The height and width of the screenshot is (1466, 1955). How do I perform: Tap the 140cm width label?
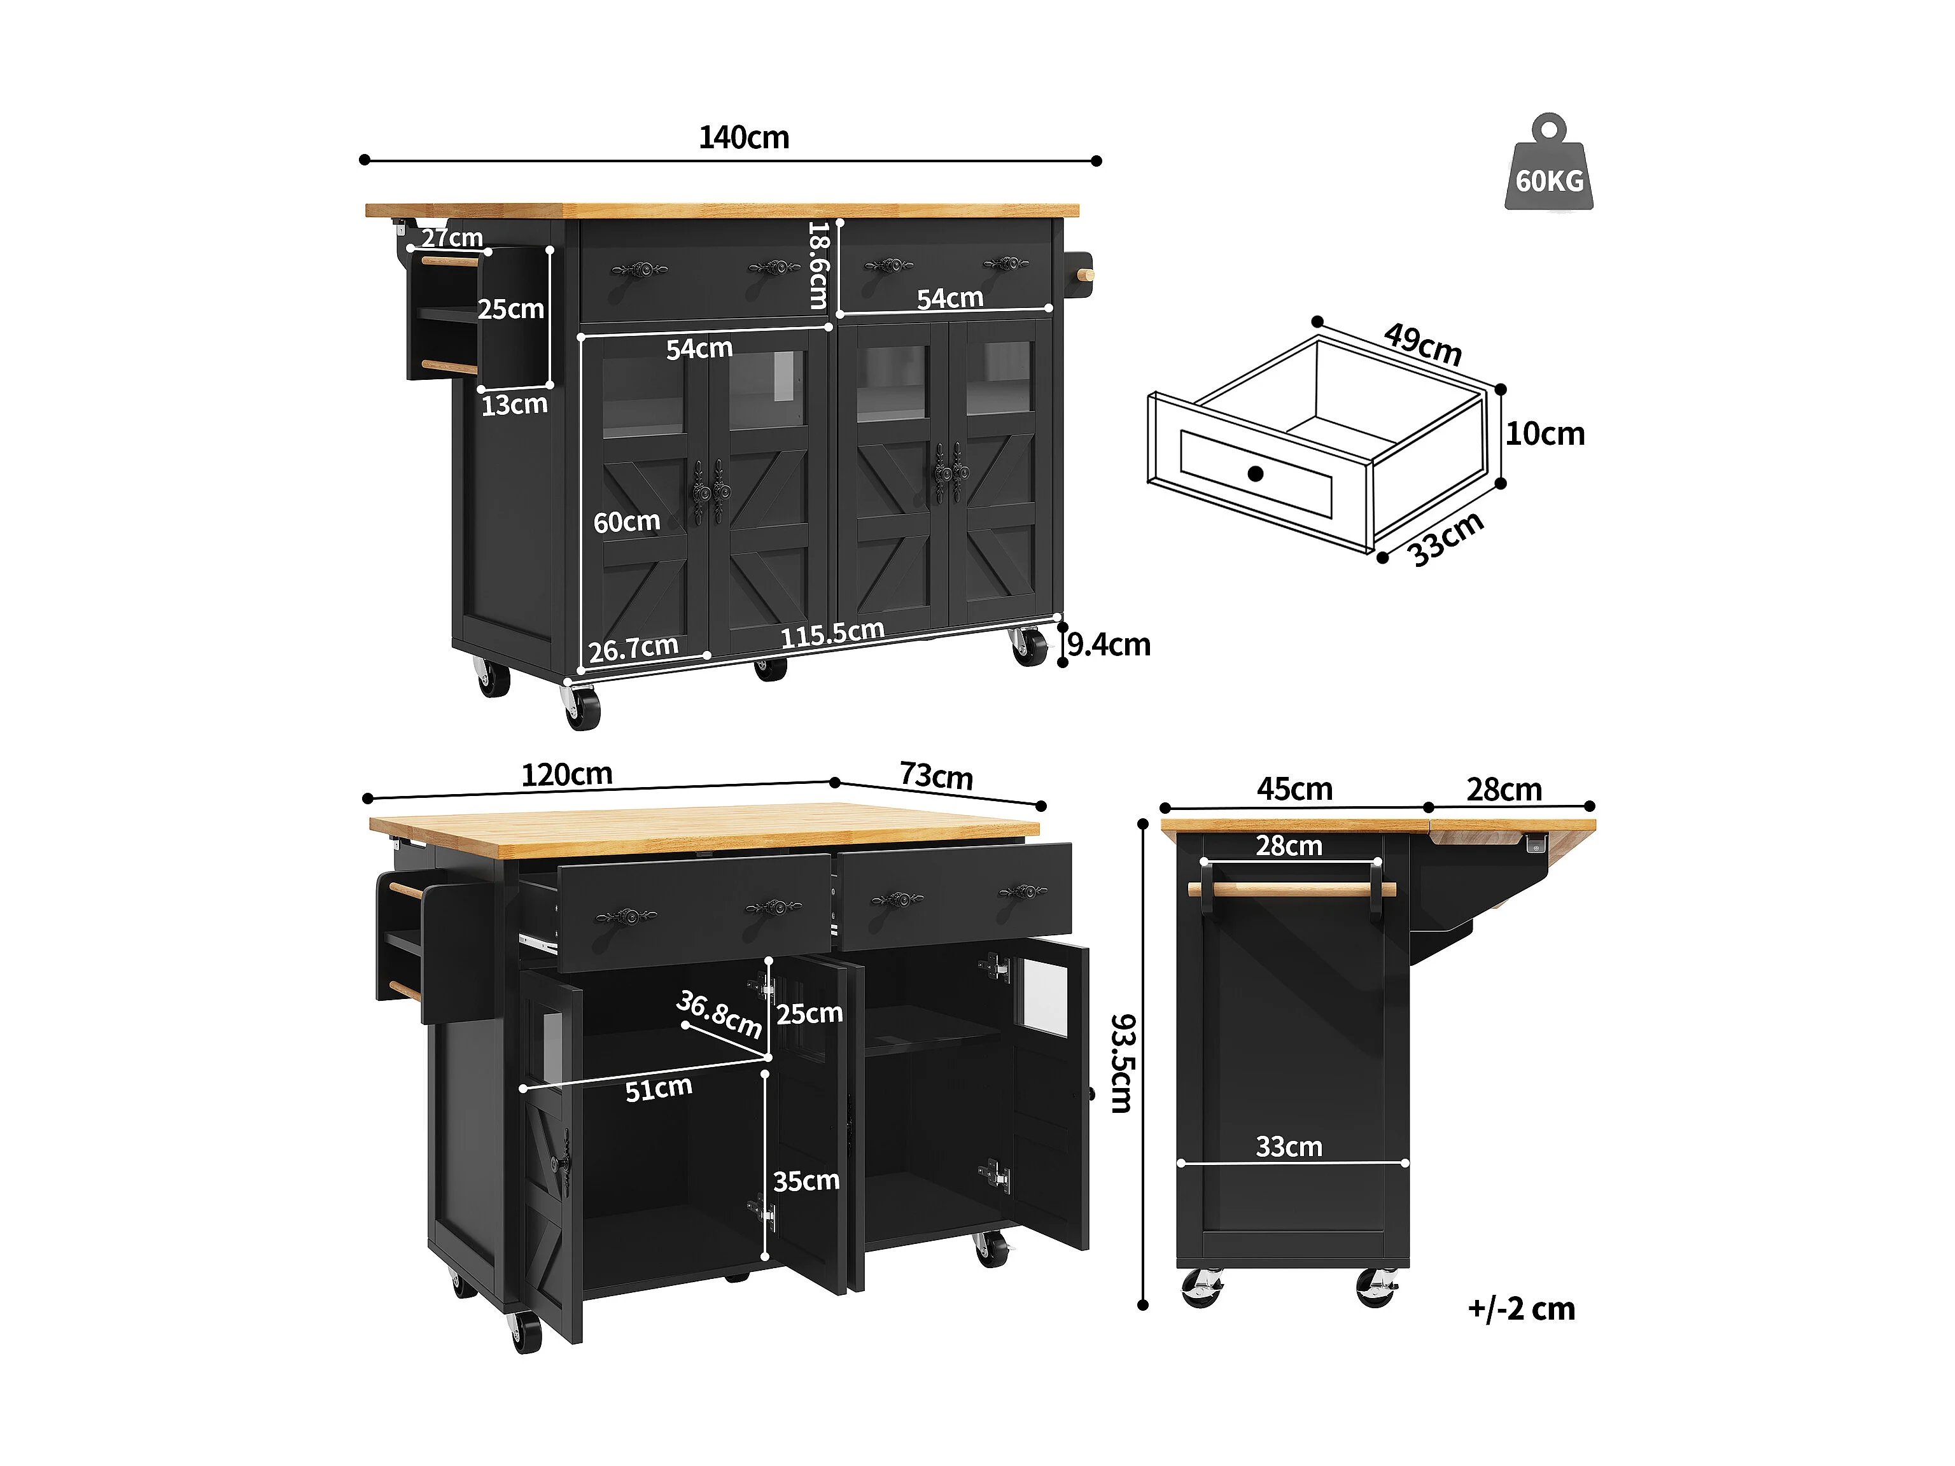point(743,138)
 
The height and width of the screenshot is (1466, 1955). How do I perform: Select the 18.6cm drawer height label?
point(818,265)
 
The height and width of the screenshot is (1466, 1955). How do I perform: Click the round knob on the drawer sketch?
point(1255,473)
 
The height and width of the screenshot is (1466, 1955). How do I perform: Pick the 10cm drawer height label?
point(1545,434)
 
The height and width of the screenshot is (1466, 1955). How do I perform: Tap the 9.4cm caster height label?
point(1109,645)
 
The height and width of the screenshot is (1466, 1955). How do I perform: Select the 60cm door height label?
point(627,522)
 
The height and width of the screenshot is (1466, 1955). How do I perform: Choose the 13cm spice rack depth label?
point(514,405)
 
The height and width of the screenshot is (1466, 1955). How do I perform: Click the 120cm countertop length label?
point(566,775)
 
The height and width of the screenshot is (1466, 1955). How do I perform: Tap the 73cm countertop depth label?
point(936,776)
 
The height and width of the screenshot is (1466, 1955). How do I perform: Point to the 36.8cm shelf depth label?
point(718,1014)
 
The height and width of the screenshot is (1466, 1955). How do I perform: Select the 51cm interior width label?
point(659,1089)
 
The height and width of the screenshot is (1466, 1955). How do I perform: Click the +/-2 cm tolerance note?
point(1521,1309)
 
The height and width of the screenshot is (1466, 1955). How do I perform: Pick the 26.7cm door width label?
point(633,648)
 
